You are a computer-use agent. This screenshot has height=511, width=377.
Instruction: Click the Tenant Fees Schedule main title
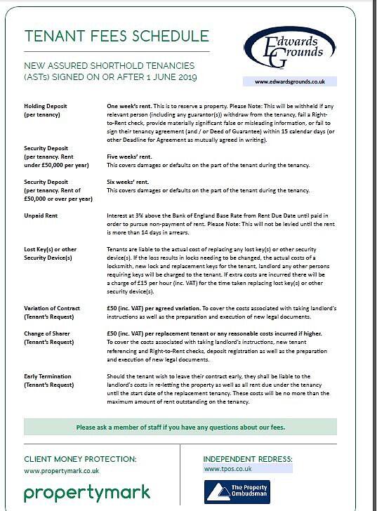click(116, 36)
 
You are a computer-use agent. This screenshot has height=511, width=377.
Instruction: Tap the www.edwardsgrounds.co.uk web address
click(289, 81)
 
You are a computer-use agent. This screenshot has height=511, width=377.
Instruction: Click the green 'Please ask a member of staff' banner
click(180, 427)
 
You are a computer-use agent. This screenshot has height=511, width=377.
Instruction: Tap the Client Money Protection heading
click(80, 459)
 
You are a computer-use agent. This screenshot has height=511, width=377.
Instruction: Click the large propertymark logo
click(87, 493)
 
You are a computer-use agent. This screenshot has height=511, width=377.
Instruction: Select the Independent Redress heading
click(248, 459)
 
